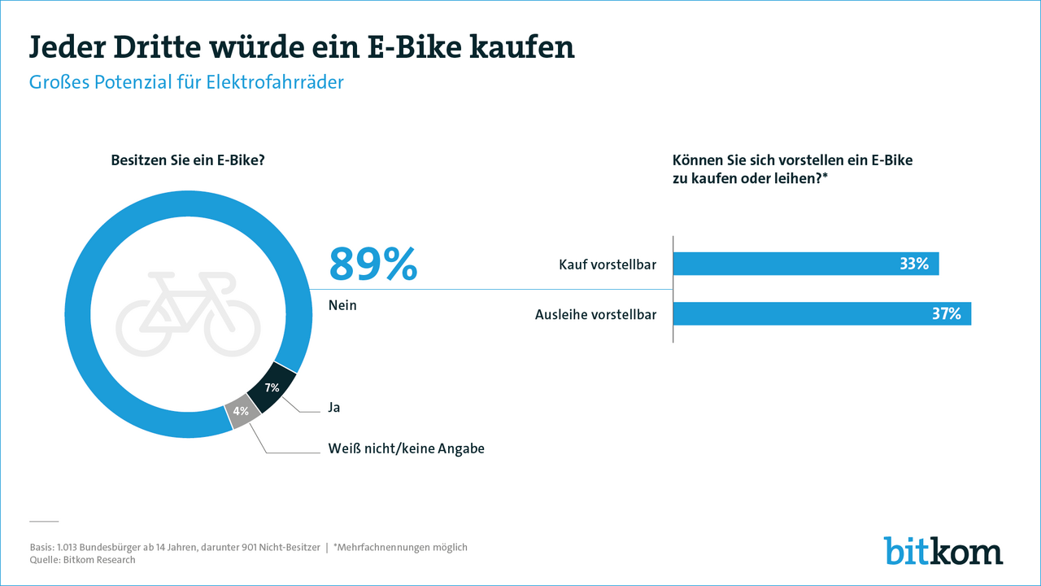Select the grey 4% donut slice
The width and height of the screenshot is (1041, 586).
point(242,412)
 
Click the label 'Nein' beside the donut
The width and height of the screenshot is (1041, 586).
point(342,306)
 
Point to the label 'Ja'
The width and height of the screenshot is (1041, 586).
point(334,408)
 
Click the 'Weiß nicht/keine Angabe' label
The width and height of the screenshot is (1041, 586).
point(406,448)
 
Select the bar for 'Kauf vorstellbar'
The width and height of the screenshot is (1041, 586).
point(805,264)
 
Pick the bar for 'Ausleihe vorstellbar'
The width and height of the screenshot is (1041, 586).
point(821,313)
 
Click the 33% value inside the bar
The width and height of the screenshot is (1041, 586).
point(914,264)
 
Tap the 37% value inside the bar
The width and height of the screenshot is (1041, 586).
point(947,313)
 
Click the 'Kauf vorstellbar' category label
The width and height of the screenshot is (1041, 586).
point(608,265)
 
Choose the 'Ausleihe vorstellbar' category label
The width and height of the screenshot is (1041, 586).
point(595,314)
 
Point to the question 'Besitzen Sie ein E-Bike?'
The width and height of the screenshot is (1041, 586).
point(188,160)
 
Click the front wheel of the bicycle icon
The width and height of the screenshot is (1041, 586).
point(232,330)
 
